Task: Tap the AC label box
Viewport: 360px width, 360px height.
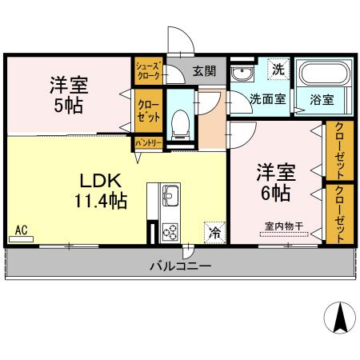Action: tap(22, 230)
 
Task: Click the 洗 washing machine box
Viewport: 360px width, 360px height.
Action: tap(278, 70)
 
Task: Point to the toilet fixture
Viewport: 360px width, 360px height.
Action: tap(180, 122)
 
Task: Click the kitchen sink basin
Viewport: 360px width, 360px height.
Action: tap(171, 194)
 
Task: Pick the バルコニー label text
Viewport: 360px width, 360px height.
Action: tap(180, 266)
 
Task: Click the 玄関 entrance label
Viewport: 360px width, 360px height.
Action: tap(204, 72)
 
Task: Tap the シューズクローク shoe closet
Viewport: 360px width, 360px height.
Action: tap(148, 70)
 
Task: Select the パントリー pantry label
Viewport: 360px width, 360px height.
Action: tap(148, 142)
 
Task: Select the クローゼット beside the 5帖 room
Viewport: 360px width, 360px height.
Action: tap(148, 110)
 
